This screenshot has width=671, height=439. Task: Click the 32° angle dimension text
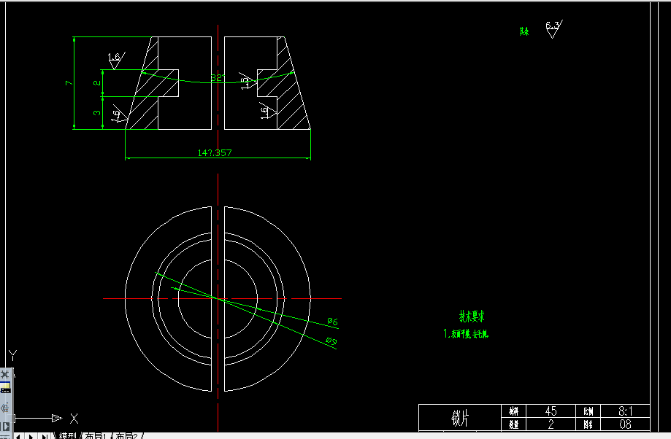pos(217,77)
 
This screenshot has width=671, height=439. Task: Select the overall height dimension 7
pos(68,83)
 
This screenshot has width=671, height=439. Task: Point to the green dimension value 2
pos(96,83)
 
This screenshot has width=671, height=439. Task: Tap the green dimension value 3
pos(96,113)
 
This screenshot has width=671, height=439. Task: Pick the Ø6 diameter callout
pos(331,321)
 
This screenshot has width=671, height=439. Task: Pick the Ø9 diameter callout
pos(331,341)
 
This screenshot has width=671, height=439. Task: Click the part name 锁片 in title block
pos(459,418)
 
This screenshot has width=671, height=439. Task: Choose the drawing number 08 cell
pos(625,424)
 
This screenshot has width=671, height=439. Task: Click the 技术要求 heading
pos(472,316)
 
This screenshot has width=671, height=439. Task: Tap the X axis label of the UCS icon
pos(74,419)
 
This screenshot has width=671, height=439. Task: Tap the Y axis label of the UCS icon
pos(12,356)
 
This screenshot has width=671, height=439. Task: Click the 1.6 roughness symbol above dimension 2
pos(115,58)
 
